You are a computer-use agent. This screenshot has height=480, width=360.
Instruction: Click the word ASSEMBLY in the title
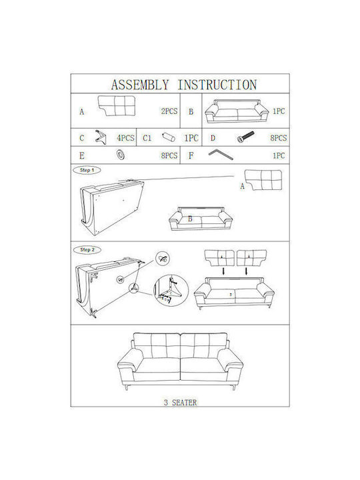click(x=140, y=85)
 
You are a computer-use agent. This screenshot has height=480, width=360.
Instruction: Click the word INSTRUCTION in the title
click(x=217, y=85)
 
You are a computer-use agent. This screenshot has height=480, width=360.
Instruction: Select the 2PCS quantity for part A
click(x=169, y=111)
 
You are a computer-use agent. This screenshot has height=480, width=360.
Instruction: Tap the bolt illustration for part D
click(x=246, y=137)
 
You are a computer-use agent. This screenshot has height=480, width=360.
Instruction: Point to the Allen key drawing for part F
click(x=221, y=154)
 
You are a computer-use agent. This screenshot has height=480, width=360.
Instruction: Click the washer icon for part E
click(x=120, y=155)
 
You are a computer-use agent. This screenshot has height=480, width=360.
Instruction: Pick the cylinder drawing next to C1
click(x=169, y=137)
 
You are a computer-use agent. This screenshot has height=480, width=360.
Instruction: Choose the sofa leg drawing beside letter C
click(x=101, y=137)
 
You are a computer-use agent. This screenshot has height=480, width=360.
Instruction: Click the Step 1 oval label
click(x=87, y=170)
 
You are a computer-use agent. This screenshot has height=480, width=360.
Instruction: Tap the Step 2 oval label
click(x=87, y=250)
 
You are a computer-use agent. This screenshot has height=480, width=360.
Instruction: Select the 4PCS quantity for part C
click(x=125, y=138)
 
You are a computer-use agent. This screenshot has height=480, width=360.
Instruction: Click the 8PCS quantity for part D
click(x=278, y=138)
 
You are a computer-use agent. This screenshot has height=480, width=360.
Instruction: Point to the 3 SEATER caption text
click(x=180, y=402)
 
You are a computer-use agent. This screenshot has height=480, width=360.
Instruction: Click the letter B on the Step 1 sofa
click(x=190, y=219)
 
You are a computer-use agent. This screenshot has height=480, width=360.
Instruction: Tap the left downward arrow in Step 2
click(x=224, y=271)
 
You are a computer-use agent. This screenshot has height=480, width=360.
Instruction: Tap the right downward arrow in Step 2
click(x=247, y=271)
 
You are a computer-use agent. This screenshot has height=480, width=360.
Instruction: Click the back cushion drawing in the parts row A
click(x=117, y=106)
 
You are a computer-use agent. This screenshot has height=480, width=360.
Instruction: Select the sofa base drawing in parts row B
click(x=237, y=111)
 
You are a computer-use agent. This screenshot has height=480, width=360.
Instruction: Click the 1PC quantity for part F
click(x=279, y=155)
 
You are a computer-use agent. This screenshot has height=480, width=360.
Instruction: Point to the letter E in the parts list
click(x=82, y=156)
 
